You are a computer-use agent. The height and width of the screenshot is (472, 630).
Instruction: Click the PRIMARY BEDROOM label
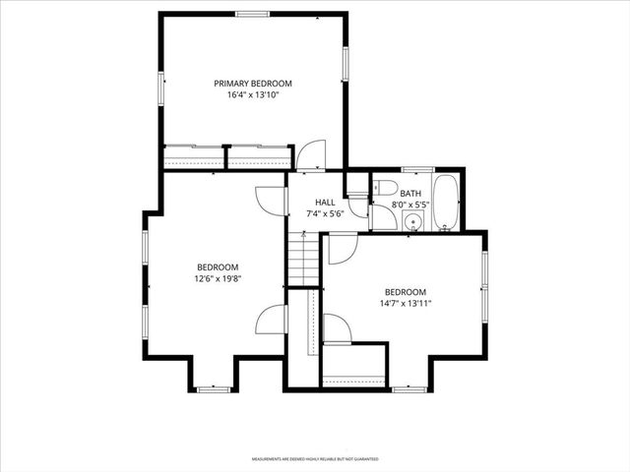tap(253, 84)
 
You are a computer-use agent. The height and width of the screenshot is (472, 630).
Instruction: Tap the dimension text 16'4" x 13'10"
tap(253, 96)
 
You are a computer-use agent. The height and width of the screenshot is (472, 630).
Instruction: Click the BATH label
tap(409, 194)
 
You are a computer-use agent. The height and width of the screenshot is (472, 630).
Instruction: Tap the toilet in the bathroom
tap(386, 187)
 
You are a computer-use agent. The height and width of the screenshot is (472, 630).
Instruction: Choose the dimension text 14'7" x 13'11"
tap(405, 305)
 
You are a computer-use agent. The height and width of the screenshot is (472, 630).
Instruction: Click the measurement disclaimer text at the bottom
tap(315, 458)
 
